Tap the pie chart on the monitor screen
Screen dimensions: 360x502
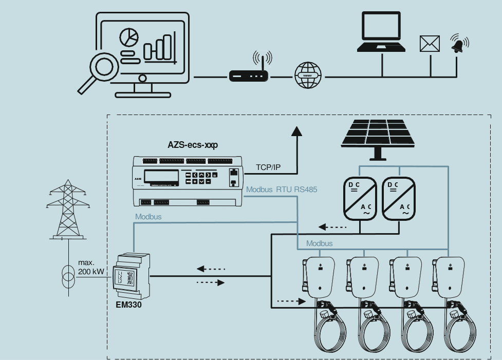[x=129, y=37]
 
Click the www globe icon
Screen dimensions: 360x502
[x=308, y=75]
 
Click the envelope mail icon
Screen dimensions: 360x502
[x=430, y=44]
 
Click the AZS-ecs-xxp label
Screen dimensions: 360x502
[x=193, y=145]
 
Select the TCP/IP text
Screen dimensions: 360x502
[x=269, y=167]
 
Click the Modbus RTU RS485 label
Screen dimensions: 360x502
[x=282, y=190]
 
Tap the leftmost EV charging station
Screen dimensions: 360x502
[x=320, y=277]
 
